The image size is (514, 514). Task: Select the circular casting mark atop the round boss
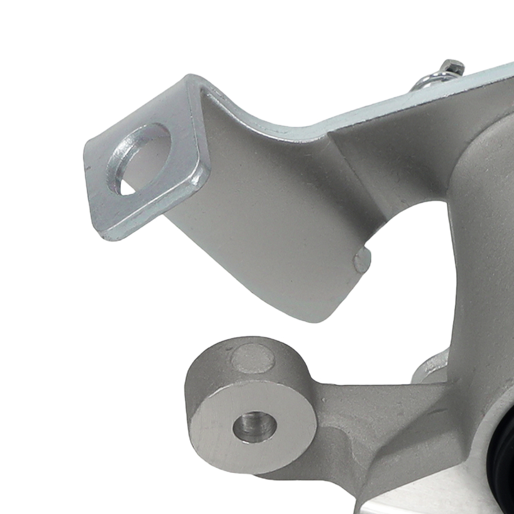(252, 358)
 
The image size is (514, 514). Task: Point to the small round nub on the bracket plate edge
(362, 261)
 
